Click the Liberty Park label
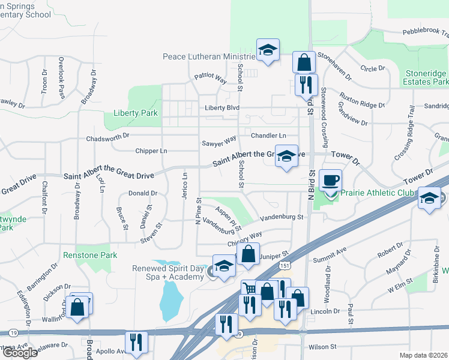click(131, 113)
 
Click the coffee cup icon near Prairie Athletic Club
click(330, 179)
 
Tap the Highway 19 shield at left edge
click(11, 332)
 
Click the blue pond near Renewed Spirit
click(171, 299)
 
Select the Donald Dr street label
click(143, 193)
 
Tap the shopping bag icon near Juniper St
click(249, 253)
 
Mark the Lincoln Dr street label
click(326, 311)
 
